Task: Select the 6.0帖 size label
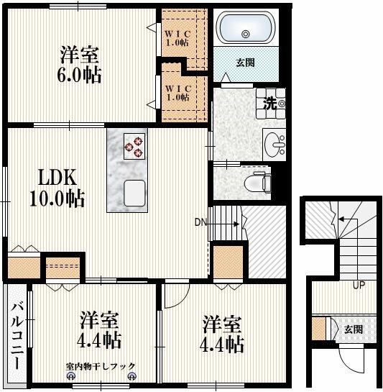(x=78, y=74)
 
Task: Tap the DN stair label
(x=201, y=222)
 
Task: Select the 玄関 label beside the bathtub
(x=245, y=63)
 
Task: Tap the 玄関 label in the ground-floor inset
(x=353, y=329)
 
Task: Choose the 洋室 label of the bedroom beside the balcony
(x=99, y=318)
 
